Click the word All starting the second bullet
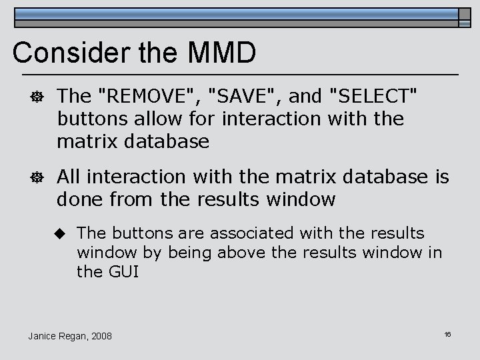(x=70, y=177)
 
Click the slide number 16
(x=447, y=333)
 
